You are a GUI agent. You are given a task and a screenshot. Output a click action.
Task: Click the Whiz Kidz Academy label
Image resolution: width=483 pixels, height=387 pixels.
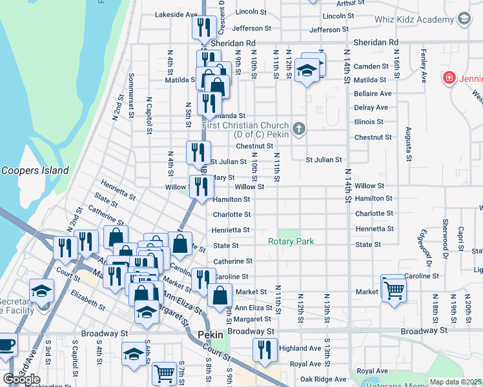[414, 19]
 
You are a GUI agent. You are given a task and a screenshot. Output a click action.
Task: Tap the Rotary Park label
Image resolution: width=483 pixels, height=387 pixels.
[291, 241]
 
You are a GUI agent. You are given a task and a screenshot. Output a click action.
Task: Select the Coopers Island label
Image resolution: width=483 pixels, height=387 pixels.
[34, 170]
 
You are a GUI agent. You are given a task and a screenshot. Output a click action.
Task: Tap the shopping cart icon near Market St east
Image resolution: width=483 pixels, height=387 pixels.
[393, 288]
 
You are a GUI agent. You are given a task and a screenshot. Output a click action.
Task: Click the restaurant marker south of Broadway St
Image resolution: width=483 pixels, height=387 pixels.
[265, 350]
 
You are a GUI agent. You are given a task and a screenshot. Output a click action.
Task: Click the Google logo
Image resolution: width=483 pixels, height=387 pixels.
[22, 379]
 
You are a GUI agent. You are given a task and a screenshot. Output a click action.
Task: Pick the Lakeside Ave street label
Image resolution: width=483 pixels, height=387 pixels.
[176, 14]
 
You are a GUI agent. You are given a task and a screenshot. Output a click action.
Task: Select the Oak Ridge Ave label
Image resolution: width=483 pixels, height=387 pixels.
[320, 379]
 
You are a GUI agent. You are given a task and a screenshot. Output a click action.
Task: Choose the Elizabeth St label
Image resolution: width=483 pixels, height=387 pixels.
[88, 298]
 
